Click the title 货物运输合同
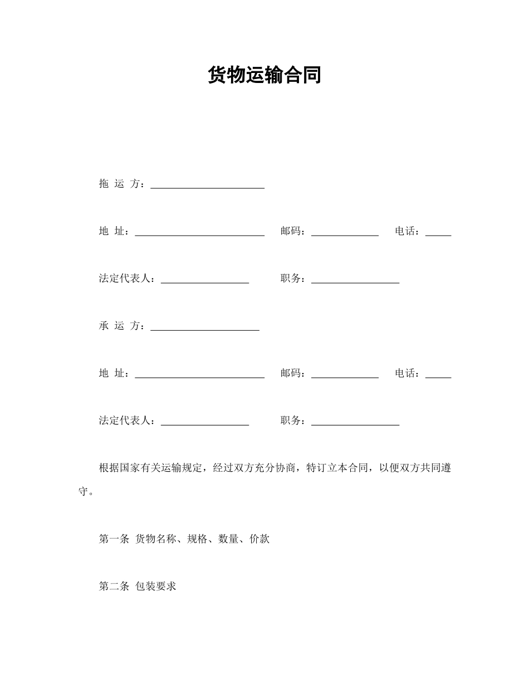[264, 75]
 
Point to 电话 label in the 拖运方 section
[407, 231]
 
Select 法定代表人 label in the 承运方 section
[126, 420]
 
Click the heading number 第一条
[114, 539]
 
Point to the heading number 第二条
[114, 586]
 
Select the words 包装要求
[156, 586]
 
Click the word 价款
[260, 539]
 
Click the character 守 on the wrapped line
[84, 492]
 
